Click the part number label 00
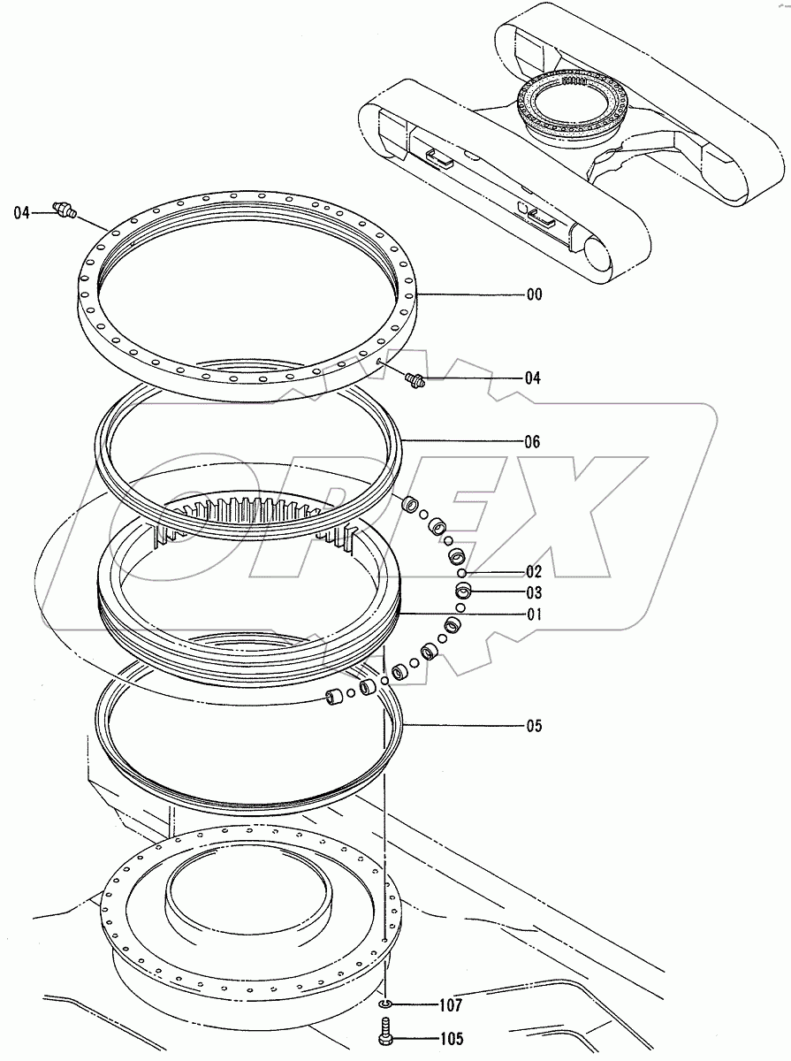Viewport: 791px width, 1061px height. [x=534, y=295]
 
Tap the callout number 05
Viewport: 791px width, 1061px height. [x=534, y=727]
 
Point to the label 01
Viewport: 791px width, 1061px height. [x=534, y=614]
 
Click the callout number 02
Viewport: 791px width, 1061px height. [x=534, y=572]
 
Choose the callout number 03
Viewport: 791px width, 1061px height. [x=534, y=593]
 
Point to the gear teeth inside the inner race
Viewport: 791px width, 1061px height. [x=256, y=511]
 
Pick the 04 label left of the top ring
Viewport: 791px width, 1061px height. [x=22, y=212]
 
